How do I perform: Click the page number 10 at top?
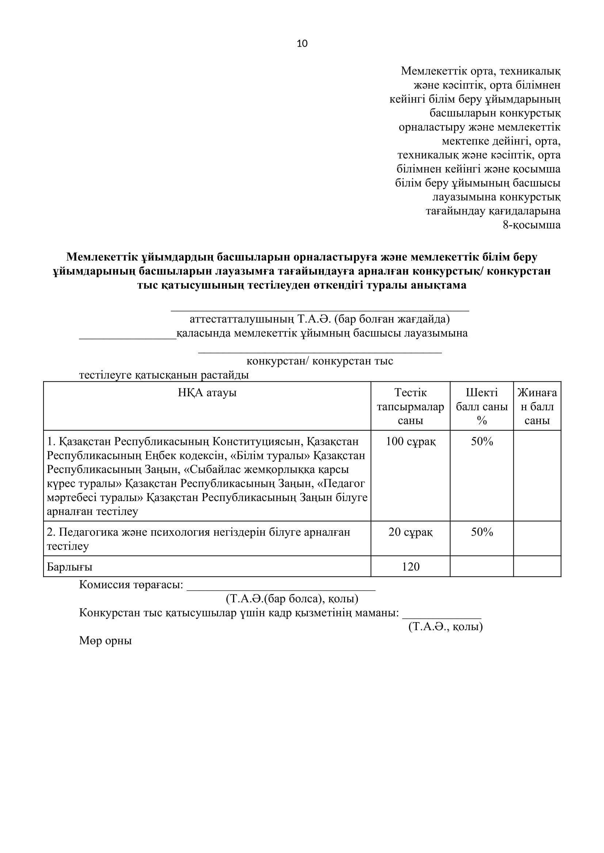click(302, 44)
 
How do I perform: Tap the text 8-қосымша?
click(531, 225)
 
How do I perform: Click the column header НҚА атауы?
click(207, 393)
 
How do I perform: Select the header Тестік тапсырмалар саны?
click(410, 406)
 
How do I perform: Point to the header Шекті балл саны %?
click(482, 406)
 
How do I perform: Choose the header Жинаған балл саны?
click(537, 406)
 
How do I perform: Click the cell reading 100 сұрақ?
click(410, 442)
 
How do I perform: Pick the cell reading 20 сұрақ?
click(410, 532)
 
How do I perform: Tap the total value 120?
click(410, 567)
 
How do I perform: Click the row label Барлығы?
click(69, 567)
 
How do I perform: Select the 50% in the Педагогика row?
click(482, 532)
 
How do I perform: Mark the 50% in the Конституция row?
click(482, 442)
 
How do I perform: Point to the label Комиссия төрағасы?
click(131, 585)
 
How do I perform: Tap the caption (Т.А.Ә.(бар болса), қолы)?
click(292, 599)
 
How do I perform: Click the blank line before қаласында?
click(127, 336)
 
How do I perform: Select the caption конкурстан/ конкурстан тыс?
click(320, 361)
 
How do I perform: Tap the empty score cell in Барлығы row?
click(537, 567)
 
